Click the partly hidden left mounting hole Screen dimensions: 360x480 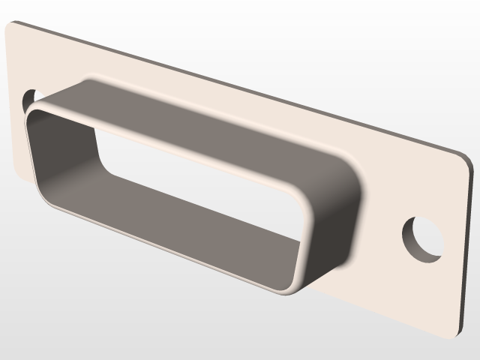tap(29, 98)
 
